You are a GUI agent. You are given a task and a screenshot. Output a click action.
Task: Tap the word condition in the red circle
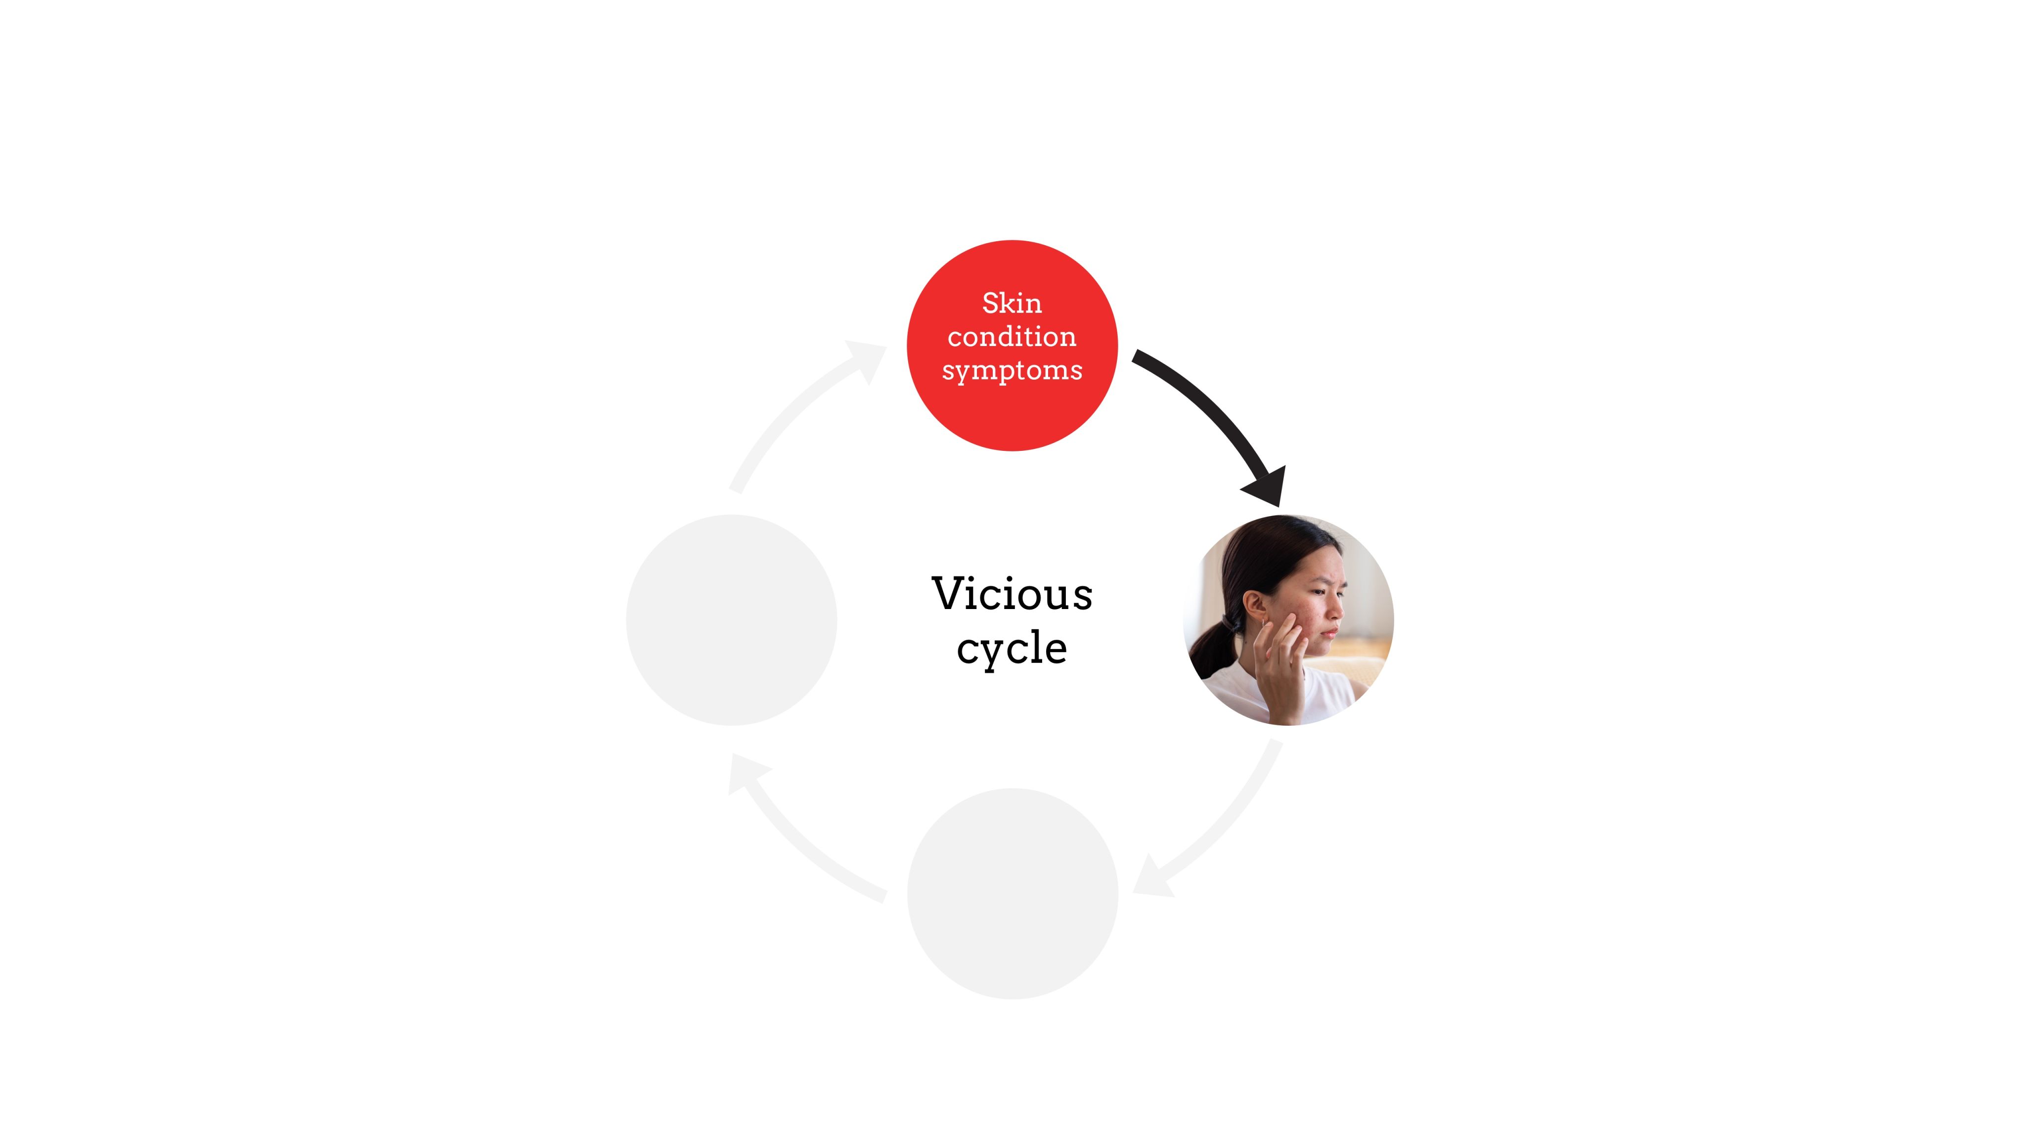(x=1012, y=337)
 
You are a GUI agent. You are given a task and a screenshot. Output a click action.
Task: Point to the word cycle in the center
(x=1012, y=649)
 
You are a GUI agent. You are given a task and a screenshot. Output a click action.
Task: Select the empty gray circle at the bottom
(x=1012, y=894)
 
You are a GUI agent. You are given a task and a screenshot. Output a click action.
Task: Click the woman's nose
(x=1336, y=609)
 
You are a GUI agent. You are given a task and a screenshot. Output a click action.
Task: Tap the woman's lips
(x=1330, y=633)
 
